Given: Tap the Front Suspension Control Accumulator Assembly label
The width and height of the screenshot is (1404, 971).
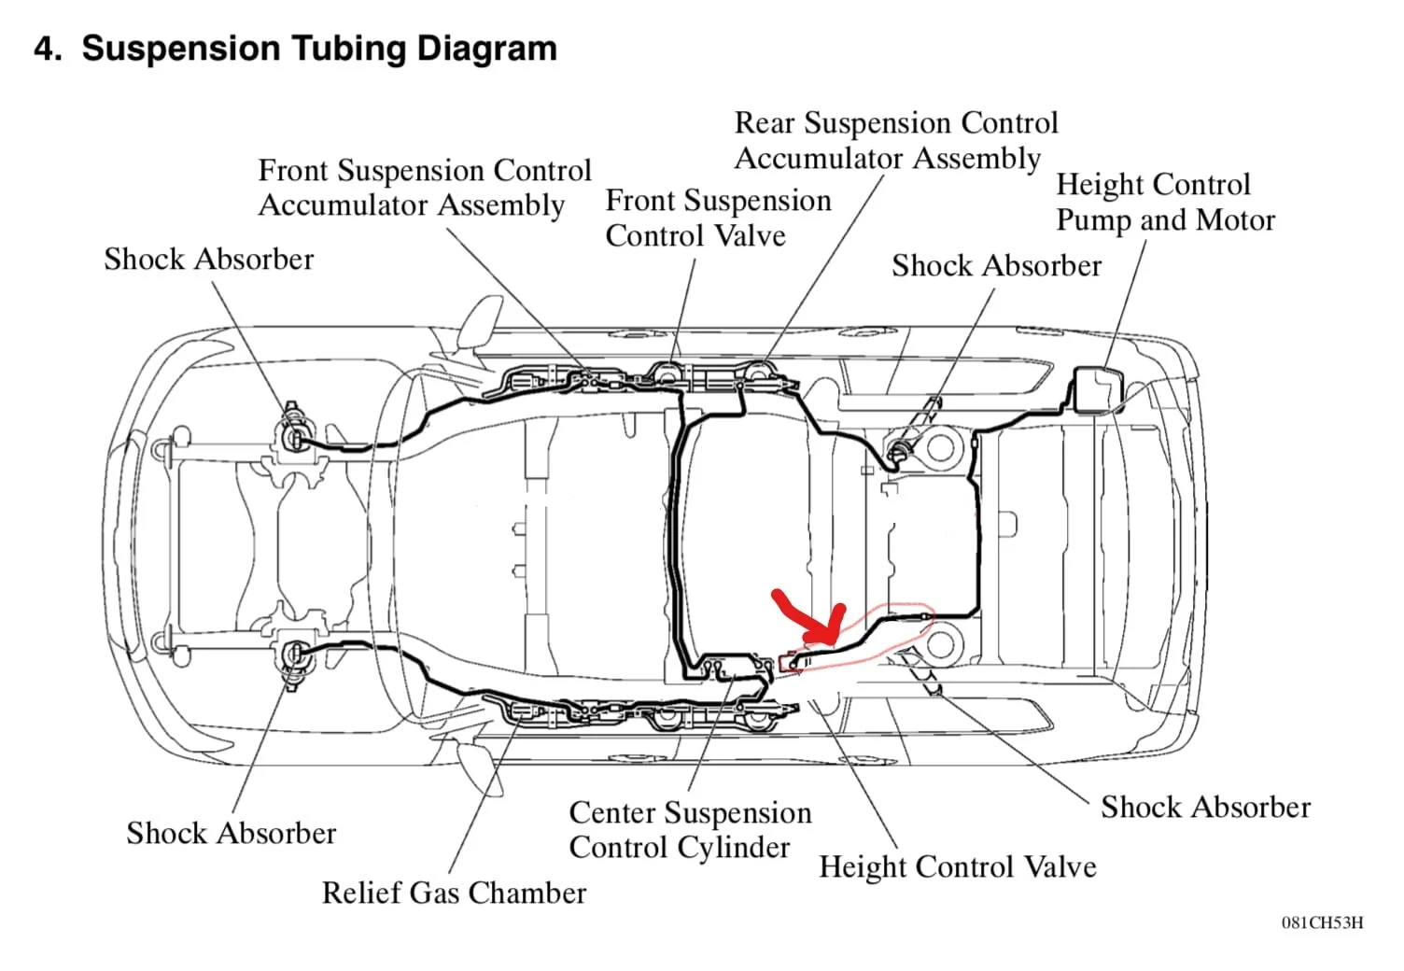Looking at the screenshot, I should point(424,188).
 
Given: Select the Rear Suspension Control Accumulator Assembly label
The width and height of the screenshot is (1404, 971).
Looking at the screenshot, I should point(895,141).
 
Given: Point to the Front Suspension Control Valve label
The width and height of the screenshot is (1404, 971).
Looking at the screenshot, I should point(717,218).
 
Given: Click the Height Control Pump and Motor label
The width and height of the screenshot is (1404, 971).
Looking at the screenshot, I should point(1164,203).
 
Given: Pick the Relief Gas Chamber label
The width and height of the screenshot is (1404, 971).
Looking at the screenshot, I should point(454,894).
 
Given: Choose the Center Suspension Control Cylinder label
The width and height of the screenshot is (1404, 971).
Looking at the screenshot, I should point(689,830).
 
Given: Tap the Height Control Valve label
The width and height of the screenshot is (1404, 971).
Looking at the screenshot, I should point(957,867).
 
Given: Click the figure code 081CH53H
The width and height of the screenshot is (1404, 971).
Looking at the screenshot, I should point(1322,923).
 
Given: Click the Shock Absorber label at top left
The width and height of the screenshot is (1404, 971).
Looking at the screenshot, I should point(208,260).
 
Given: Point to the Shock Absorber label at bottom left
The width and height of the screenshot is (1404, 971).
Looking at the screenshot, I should point(231,833).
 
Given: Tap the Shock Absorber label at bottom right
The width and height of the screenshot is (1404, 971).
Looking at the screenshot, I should point(1205,808).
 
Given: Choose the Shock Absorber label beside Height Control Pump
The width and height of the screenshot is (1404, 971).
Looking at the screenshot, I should point(996,266).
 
